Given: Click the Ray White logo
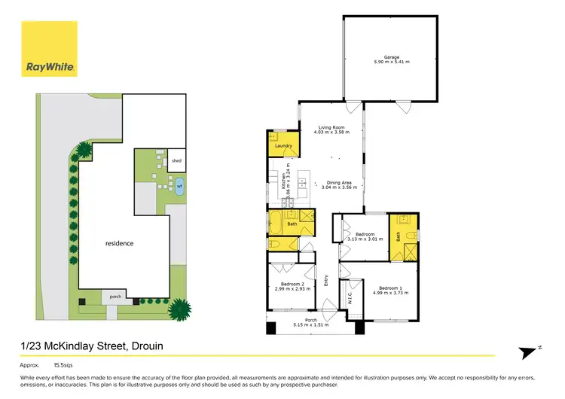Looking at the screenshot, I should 50,67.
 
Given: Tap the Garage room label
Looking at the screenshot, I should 390,56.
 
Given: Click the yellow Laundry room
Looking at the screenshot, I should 282,145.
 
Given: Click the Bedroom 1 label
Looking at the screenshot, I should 389,288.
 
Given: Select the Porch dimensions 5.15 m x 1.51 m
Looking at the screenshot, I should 311,325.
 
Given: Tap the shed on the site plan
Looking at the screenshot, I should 176,160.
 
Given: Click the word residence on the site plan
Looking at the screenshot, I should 119,243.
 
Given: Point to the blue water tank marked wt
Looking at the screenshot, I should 179,185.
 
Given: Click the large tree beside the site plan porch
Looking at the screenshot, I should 180,308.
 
